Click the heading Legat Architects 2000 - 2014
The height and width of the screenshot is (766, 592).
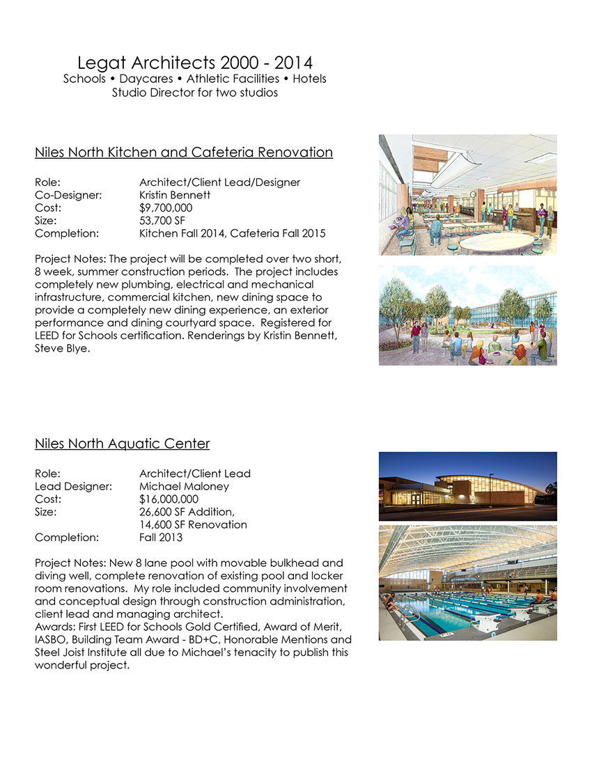194,63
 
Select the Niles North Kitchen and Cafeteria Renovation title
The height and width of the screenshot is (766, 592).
184,152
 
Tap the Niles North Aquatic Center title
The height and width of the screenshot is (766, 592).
122,444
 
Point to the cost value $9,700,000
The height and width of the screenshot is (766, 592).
166,208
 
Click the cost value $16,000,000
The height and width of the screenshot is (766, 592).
169,499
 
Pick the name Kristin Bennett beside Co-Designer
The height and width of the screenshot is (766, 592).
175,195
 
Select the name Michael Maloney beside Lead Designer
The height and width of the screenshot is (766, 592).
184,486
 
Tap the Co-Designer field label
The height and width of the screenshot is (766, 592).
68,195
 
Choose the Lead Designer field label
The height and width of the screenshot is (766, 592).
73,486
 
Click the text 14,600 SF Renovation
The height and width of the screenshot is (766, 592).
193,524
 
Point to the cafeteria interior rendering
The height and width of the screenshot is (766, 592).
467,194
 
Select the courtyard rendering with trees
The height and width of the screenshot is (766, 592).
467,315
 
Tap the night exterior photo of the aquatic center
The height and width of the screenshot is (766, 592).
467,486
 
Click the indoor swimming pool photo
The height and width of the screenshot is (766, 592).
467,582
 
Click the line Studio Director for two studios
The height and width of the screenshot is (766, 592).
194,92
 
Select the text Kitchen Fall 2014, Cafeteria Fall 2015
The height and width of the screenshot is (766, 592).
232,233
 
